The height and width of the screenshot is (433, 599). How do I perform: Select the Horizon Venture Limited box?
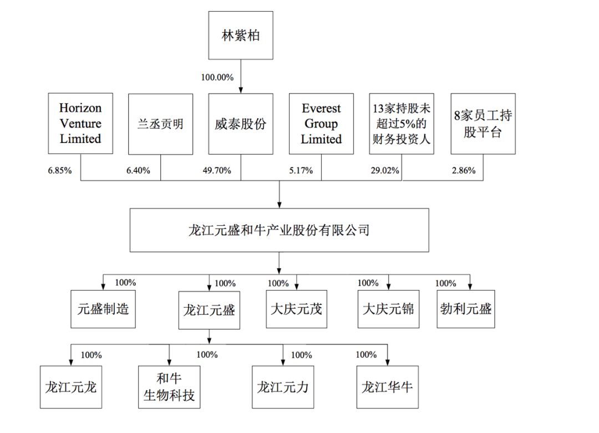pyautogui.click(x=80, y=123)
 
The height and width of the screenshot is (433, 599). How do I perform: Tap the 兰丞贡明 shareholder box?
pyautogui.click(x=160, y=123)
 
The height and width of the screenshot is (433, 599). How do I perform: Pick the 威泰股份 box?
pyautogui.click(x=241, y=123)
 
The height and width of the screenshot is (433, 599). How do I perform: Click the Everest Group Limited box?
pyautogui.click(x=321, y=123)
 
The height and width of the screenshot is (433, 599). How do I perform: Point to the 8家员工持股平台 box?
pyautogui.click(x=481, y=123)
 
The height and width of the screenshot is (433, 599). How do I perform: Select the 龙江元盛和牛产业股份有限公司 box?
pyautogui.click(x=279, y=230)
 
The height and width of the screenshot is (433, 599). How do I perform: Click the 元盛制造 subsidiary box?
pyautogui.click(x=103, y=308)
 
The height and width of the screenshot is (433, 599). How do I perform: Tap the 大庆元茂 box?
pyautogui.click(x=296, y=308)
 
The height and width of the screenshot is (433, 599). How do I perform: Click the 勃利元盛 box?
pyautogui.click(x=465, y=308)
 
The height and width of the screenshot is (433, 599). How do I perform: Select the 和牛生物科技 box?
pyautogui.click(x=169, y=387)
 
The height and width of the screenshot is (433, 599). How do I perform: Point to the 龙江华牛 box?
pyautogui.click(x=387, y=386)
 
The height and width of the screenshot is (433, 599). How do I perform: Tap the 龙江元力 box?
pyautogui.click(x=283, y=386)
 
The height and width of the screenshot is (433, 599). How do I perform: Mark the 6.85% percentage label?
pyautogui.click(x=60, y=171)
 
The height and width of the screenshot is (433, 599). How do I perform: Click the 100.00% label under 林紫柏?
pyautogui.click(x=217, y=77)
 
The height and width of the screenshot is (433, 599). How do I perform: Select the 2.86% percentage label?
pyautogui.click(x=464, y=171)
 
